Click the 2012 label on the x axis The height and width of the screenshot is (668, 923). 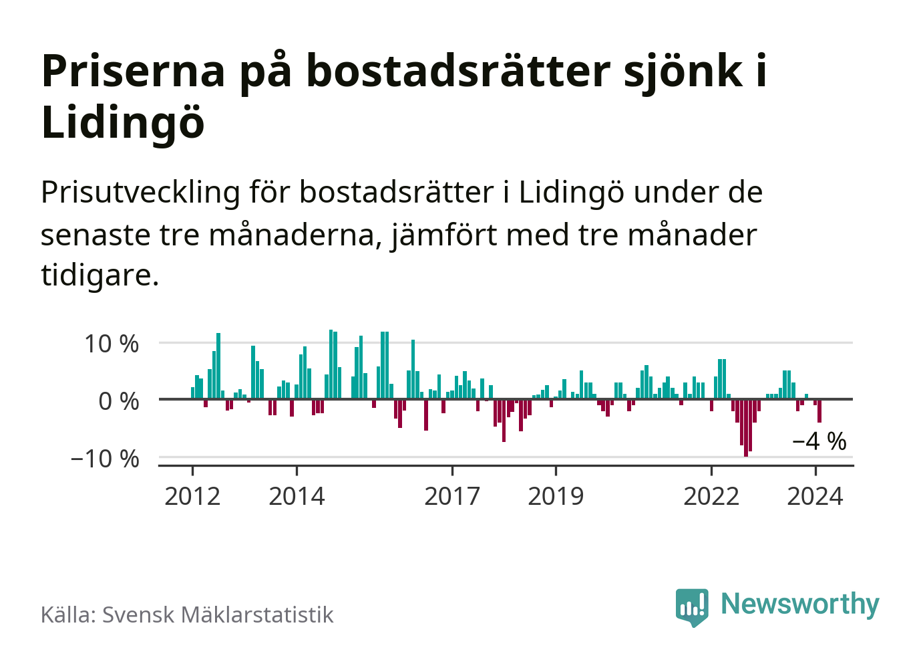192,496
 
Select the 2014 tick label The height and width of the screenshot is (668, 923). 297,496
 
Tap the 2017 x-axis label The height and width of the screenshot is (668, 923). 452,496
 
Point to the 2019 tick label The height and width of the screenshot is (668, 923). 556,496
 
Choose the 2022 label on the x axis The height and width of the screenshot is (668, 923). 711,496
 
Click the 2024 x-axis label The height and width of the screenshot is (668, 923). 815,496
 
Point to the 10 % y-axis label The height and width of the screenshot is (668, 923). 112,344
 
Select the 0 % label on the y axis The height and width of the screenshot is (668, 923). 119,401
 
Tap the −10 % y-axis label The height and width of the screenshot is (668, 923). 105,459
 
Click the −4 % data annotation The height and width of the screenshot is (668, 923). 819,441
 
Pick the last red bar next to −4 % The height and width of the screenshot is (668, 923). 819,411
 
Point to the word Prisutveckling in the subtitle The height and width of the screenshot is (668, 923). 140,193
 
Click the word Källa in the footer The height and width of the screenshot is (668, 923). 69,615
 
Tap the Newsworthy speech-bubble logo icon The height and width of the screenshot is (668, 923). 691,606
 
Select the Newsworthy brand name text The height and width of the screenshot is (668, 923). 800,604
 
